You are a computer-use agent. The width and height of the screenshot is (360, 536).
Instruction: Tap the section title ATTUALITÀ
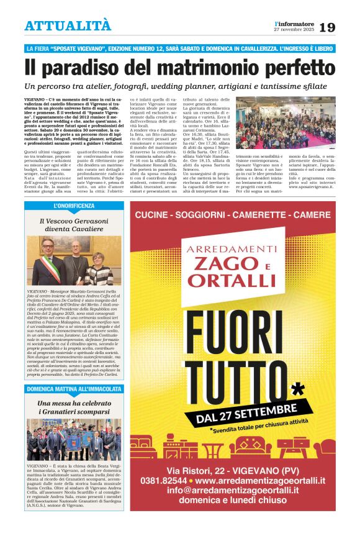pos(68,25)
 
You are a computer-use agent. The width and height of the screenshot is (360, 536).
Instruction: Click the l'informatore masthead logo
pos(295,23)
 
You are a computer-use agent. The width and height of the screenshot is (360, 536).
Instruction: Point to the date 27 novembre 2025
pos(295,29)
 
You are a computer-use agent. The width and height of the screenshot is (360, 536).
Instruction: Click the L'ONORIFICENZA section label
pos(74,206)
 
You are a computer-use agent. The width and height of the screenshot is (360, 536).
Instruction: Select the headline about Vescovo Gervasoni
pos(74,224)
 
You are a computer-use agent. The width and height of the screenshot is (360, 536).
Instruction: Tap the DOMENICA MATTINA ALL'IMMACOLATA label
pos(74,389)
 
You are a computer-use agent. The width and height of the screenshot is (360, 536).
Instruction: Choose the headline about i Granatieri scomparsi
pos(74,407)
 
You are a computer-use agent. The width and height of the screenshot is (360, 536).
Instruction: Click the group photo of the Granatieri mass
pos(74,439)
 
